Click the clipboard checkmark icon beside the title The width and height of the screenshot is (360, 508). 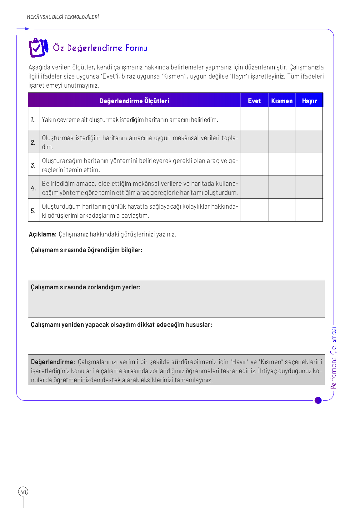point(38,48)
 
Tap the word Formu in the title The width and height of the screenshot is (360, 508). point(136,48)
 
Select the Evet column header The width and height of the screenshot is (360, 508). point(254,101)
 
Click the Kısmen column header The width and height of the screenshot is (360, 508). point(282,101)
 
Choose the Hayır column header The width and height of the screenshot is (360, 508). point(309,101)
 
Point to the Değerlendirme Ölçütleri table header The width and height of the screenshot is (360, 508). point(134,101)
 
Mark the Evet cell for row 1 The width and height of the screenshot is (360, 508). point(254,119)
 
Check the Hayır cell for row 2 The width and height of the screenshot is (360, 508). point(309,142)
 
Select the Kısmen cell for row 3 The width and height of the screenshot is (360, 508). point(282,165)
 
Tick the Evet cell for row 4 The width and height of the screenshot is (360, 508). point(254,187)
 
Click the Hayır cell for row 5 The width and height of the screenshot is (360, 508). point(309,210)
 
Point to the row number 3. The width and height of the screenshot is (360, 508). point(33,165)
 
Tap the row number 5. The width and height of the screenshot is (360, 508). point(33,211)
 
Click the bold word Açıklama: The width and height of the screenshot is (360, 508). point(42,234)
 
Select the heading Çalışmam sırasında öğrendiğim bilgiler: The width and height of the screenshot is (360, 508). point(87,250)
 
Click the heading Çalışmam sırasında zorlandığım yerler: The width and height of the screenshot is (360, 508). point(86,287)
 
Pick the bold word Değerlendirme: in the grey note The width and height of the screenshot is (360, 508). point(53,362)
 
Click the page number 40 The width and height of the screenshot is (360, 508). point(23,492)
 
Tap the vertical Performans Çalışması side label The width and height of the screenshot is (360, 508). point(334,358)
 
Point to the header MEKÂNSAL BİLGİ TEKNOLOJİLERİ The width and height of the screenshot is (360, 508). point(63,17)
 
